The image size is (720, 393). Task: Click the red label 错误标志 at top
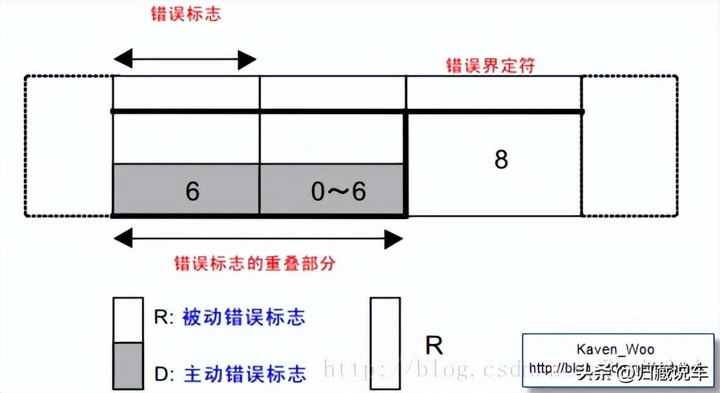pyautogui.click(x=185, y=15)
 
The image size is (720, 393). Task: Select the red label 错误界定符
pyautogui.click(x=491, y=64)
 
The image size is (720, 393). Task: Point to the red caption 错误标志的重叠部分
pyautogui.click(x=255, y=263)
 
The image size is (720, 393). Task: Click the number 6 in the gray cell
pyautogui.click(x=192, y=191)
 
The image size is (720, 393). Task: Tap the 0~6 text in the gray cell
pyautogui.click(x=338, y=191)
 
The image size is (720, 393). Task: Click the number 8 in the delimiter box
pyautogui.click(x=501, y=160)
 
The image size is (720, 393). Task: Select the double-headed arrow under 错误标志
pyautogui.click(x=185, y=60)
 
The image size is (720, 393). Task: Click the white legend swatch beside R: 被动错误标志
pyautogui.click(x=128, y=320)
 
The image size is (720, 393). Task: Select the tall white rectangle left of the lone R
pyautogui.click(x=385, y=343)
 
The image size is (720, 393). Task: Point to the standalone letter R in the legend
pyautogui.click(x=434, y=345)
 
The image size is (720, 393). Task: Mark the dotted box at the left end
pyautogui.click(x=68, y=145)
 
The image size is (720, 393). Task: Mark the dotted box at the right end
pyautogui.click(x=629, y=145)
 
